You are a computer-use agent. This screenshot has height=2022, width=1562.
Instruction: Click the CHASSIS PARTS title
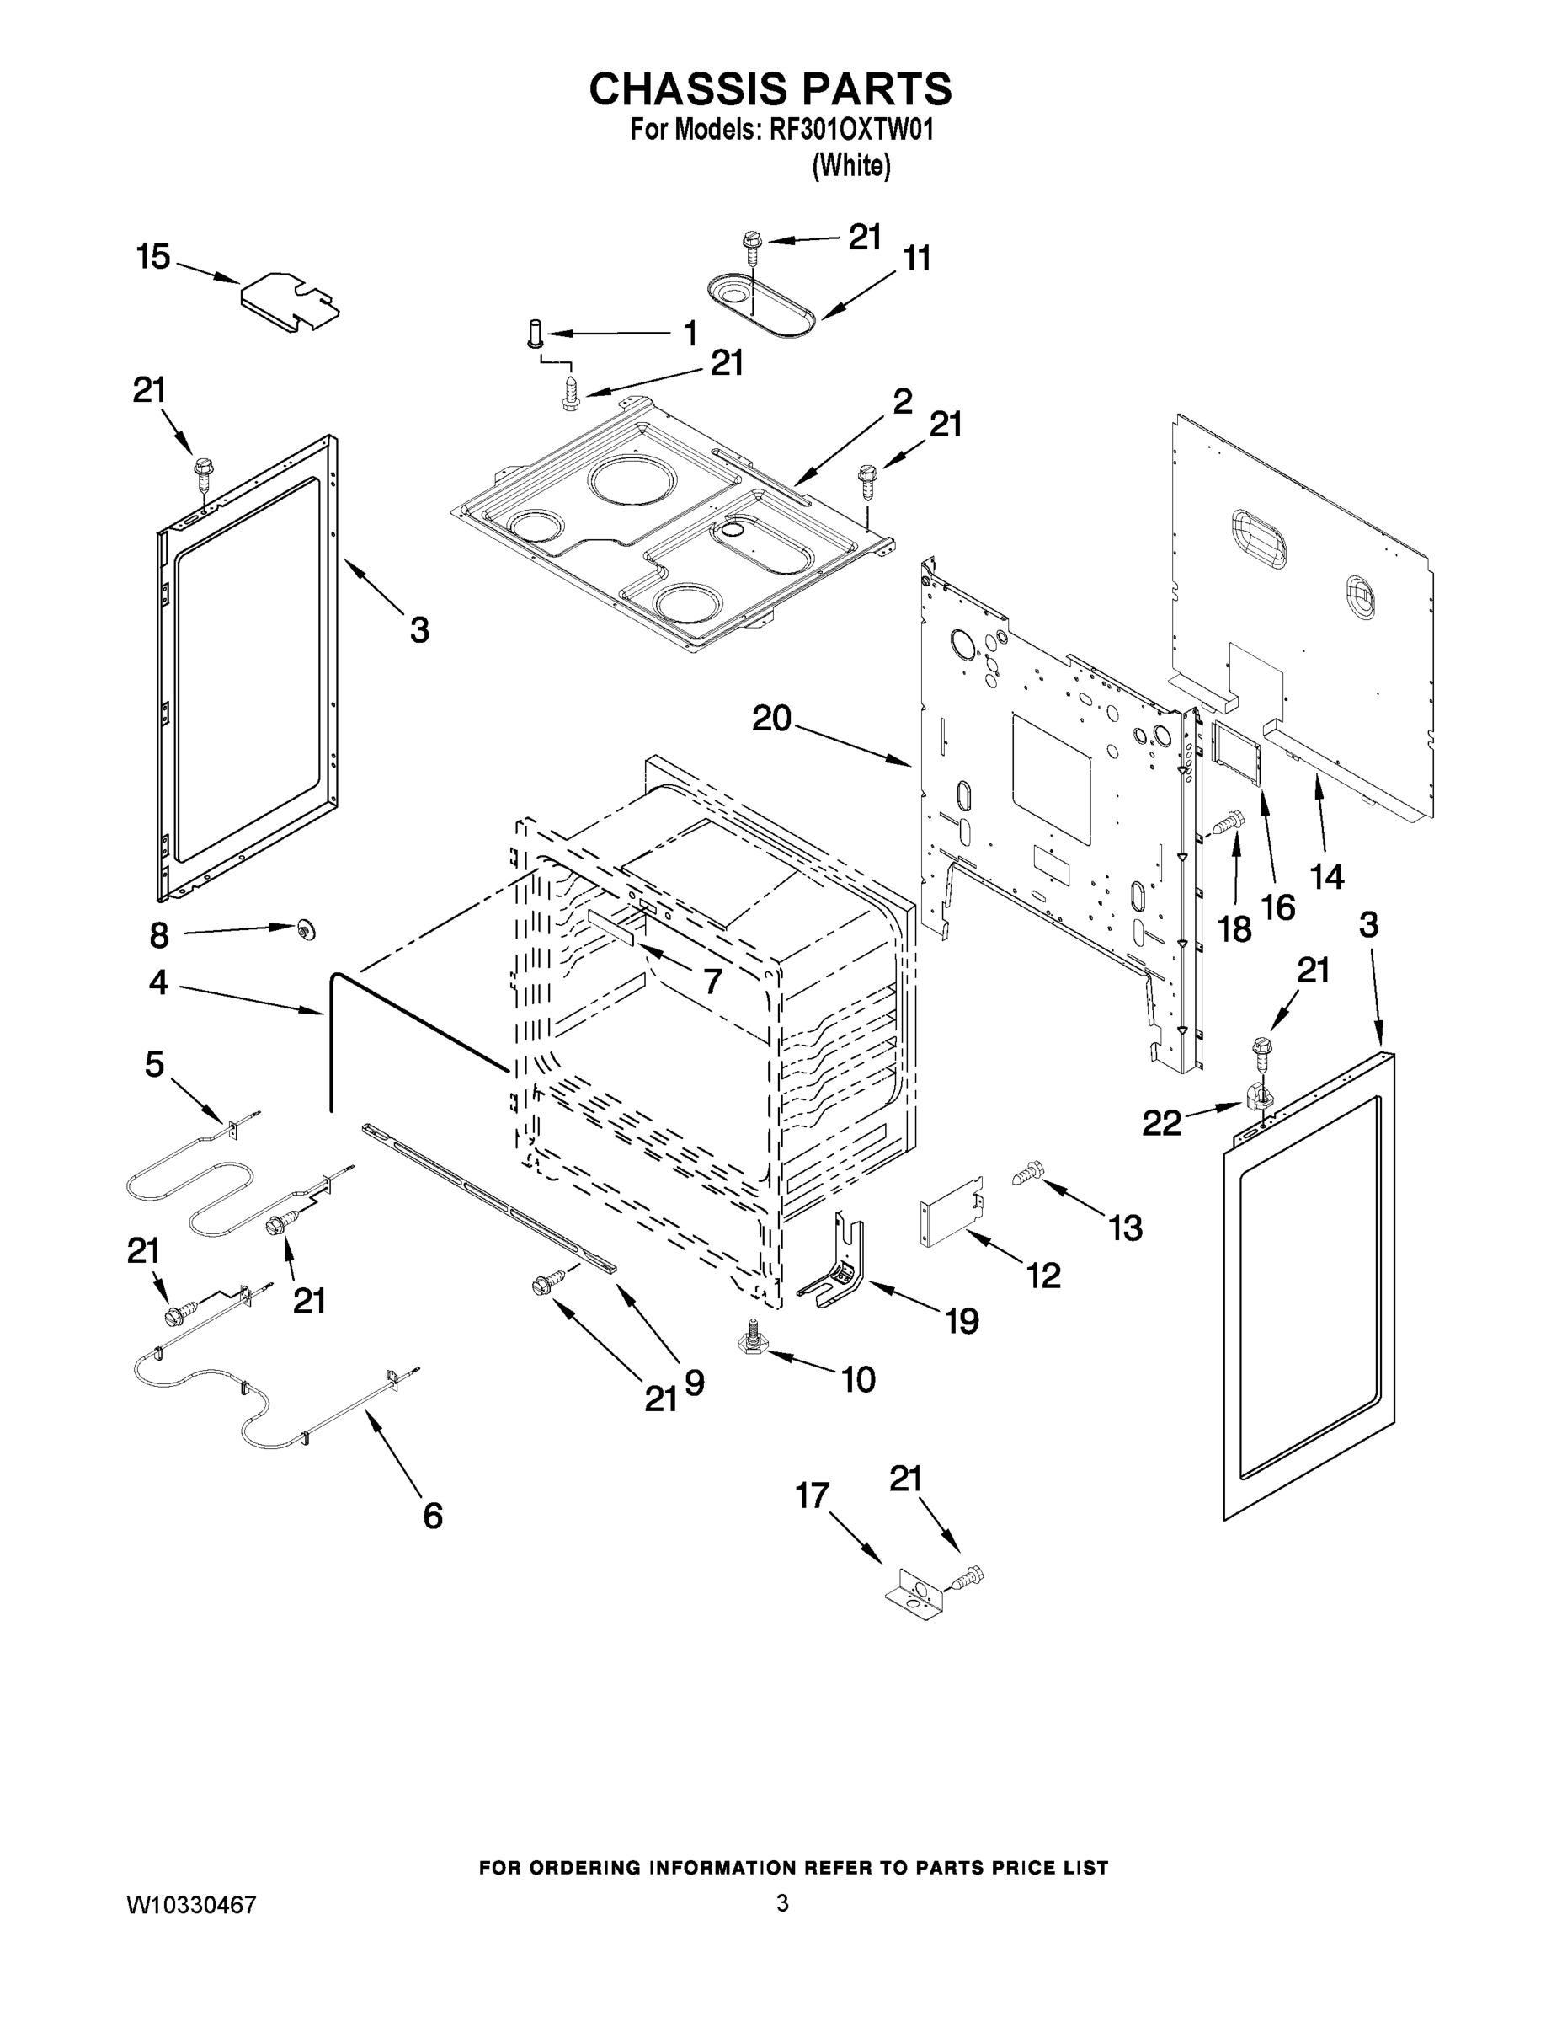(770, 88)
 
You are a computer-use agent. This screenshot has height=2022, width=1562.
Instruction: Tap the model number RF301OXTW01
(850, 130)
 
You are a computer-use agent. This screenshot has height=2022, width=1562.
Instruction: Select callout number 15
(153, 256)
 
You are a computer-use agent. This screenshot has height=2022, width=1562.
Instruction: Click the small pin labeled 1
(534, 334)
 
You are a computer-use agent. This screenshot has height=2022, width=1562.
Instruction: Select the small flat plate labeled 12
(952, 1212)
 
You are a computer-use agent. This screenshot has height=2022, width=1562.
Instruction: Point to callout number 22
(1161, 1123)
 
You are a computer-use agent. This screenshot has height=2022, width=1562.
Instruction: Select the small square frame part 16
(1237, 755)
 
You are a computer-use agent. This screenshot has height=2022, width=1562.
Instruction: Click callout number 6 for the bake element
(432, 1516)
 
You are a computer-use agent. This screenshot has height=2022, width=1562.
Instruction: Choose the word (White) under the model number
(850, 167)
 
